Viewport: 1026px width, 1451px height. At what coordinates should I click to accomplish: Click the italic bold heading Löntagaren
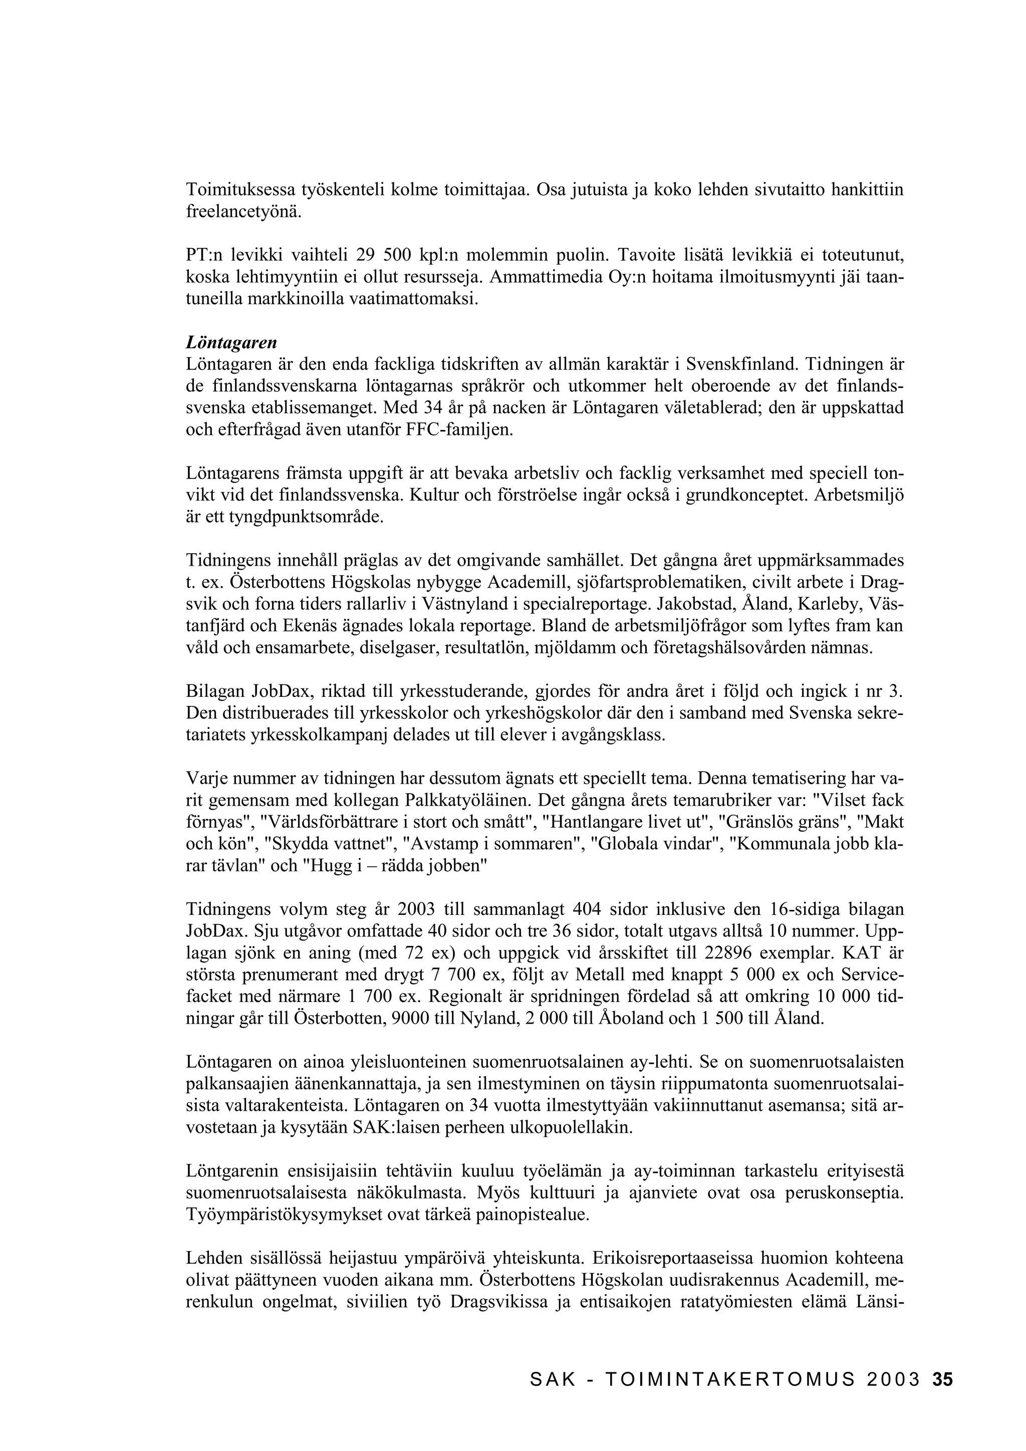point(231,343)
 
